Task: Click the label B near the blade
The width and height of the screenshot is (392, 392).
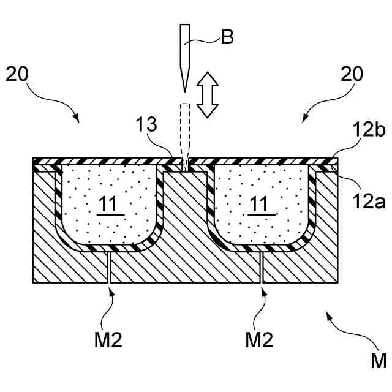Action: pos(227,37)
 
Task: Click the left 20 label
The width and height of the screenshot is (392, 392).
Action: pos(19,74)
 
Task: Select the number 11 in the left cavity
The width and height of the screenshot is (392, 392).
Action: pos(110,204)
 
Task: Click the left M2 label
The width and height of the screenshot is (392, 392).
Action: pos(108,338)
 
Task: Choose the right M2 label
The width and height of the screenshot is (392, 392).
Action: pos(259,338)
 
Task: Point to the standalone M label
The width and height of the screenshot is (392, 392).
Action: pos(378,360)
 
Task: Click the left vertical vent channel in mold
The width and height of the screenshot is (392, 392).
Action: pos(109,267)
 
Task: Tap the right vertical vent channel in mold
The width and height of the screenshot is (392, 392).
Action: pos(262,267)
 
